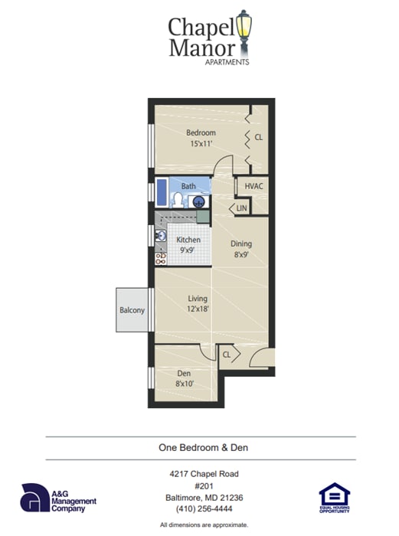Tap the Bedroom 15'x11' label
click(201, 138)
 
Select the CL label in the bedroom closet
click(259, 138)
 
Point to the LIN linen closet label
click(241, 208)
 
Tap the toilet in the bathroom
click(178, 201)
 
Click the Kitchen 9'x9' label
click(188, 245)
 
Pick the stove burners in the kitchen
click(161, 258)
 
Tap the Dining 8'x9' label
click(242, 250)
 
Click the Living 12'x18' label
click(198, 304)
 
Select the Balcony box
click(132, 310)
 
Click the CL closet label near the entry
click(227, 355)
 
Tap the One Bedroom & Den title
click(199, 448)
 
